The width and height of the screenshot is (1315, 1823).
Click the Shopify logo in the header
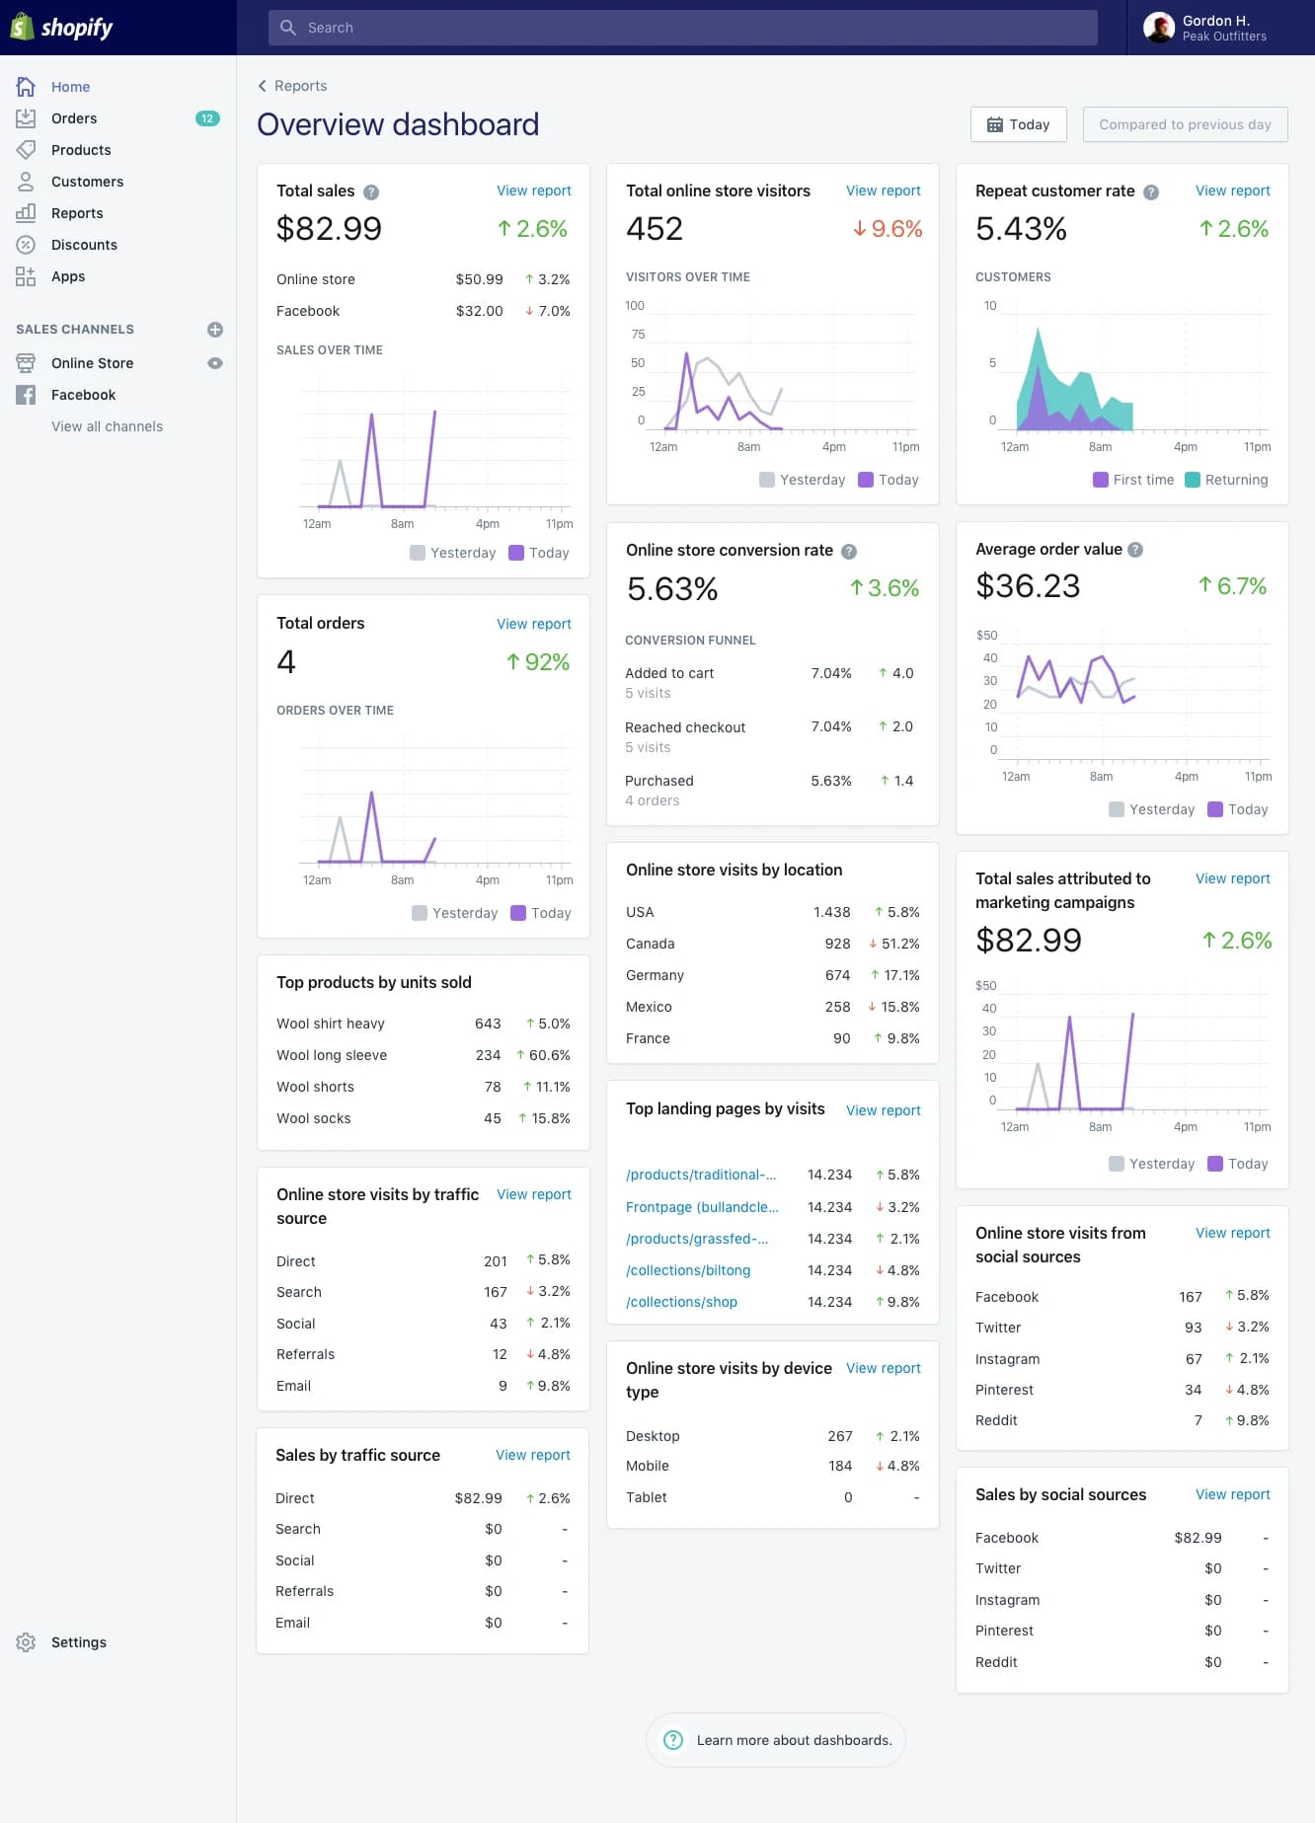coord(62,28)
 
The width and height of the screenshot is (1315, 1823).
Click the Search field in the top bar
coord(681,28)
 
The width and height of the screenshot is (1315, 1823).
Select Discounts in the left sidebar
coord(84,245)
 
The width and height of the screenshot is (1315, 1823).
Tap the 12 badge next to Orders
coord(207,118)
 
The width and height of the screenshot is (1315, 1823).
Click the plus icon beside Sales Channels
coord(215,330)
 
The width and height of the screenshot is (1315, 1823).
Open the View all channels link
coord(107,426)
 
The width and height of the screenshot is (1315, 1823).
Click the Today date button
coord(1018,124)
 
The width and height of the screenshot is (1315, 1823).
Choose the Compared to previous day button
coord(1185,124)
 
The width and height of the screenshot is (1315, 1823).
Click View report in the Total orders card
coord(533,624)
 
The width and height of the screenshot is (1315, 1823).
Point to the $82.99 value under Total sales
coord(329,229)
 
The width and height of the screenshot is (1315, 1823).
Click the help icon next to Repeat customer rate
coord(1151,192)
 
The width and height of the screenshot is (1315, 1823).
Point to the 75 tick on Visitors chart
coord(638,335)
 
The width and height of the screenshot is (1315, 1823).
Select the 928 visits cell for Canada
coord(837,944)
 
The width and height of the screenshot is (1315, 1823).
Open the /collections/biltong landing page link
coord(688,1270)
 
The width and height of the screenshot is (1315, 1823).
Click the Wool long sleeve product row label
coord(332,1055)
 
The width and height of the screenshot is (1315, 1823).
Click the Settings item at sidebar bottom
coord(78,1642)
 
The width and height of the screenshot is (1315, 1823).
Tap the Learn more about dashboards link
coord(794,1740)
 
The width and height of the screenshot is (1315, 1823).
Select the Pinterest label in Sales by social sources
coord(1004,1631)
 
